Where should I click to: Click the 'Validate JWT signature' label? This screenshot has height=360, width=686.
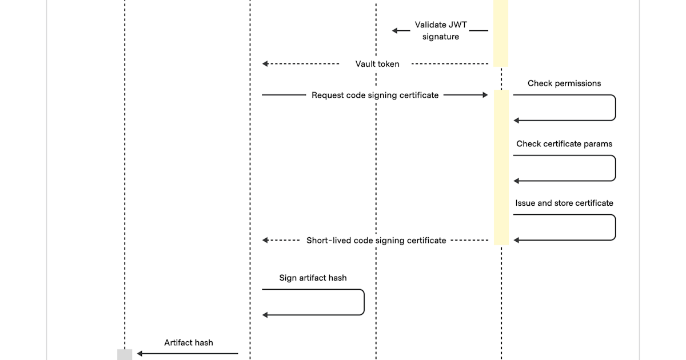pyautogui.click(x=440, y=31)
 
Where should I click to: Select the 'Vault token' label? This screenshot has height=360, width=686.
pyautogui.click(x=377, y=64)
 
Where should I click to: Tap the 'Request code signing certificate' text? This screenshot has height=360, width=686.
pyautogui.click(x=375, y=95)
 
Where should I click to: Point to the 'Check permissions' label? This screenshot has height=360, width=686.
pyautogui.click(x=564, y=83)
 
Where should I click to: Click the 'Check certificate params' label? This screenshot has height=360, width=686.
pyautogui.click(x=564, y=144)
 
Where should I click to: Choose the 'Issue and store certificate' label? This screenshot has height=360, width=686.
pyautogui.click(x=564, y=203)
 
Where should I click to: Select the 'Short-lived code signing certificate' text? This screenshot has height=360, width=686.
pyautogui.click(x=376, y=241)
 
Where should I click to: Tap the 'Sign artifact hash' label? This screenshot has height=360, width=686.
pyautogui.click(x=313, y=278)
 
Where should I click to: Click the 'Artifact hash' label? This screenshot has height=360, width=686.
pyautogui.click(x=189, y=343)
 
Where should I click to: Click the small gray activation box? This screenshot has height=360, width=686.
pyautogui.click(x=125, y=354)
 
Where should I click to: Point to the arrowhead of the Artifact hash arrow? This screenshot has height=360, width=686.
pyautogui.click(x=139, y=354)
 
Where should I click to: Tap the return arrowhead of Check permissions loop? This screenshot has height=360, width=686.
pyautogui.click(x=516, y=121)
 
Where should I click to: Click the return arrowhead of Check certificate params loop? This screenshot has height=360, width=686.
pyautogui.click(x=516, y=181)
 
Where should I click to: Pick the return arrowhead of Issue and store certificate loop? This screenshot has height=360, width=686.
pyautogui.click(x=516, y=241)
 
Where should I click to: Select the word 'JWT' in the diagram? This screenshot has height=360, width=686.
pyautogui.click(x=458, y=25)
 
